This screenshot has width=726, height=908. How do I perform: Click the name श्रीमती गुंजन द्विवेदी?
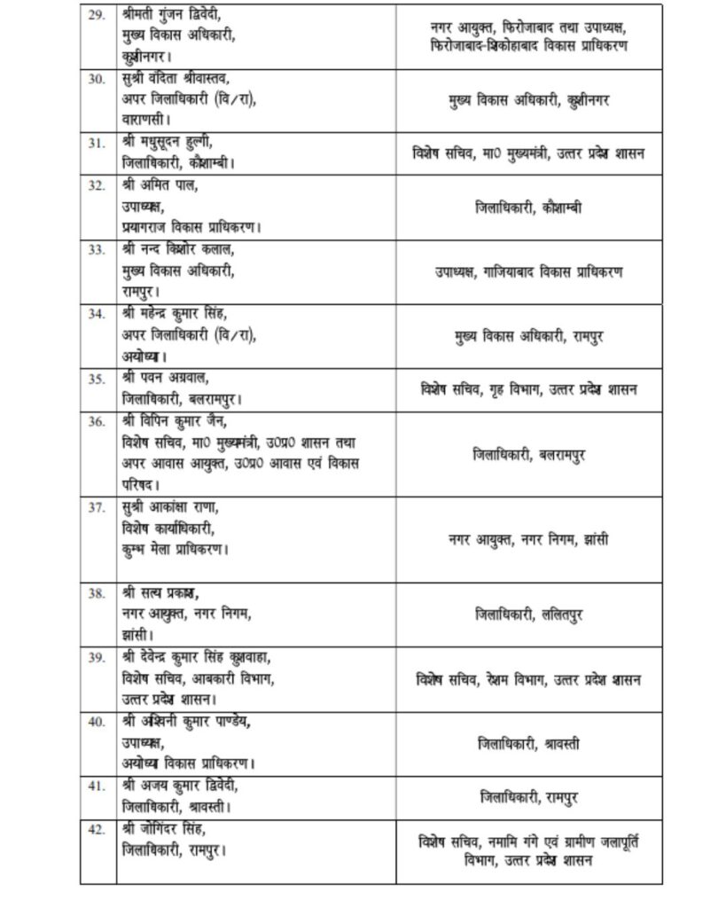173,16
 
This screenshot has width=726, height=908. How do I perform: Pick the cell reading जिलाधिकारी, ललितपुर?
528,614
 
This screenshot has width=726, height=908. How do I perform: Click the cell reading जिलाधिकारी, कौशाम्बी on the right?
528,207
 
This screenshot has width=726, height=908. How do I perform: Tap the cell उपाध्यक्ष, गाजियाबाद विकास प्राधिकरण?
528,271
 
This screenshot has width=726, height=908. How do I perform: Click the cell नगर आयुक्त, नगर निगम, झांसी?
528,539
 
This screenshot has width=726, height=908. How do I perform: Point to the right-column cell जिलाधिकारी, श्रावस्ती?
528,744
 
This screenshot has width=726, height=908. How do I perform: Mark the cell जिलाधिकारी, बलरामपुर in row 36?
528,455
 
